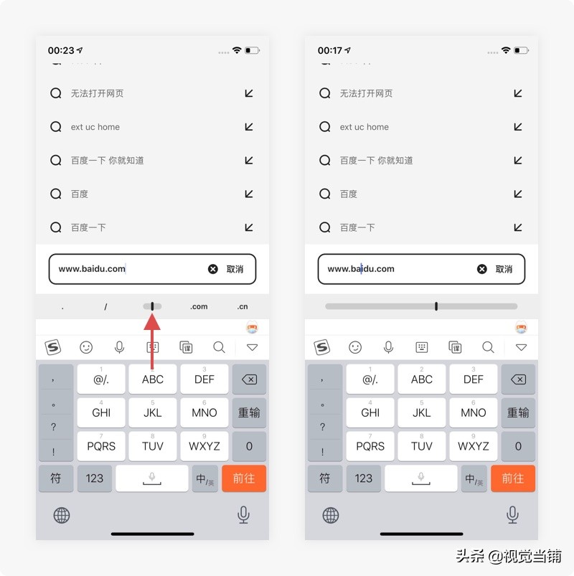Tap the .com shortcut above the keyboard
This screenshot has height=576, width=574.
click(x=199, y=306)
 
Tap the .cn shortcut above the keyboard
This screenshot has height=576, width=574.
click(x=243, y=306)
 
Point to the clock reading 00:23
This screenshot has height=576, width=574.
click(x=61, y=51)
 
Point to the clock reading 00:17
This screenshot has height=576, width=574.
click(x=330, y=51)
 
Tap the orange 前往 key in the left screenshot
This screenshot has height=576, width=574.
click(x=244, y=478)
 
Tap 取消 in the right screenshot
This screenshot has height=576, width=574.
click(x=504, y=269)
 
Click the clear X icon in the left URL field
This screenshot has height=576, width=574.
click(x=213, y=269)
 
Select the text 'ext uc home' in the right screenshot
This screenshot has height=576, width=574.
click(x=364, y=127)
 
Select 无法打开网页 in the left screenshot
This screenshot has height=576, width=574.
click(x=97, y=93)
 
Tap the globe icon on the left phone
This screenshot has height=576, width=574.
click(x=62, y=514)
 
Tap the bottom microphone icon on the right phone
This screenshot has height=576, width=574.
click(x=512, y=514)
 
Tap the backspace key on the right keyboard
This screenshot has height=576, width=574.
click(x=518, y=379)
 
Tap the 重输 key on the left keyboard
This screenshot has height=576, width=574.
click(x=249, y=412)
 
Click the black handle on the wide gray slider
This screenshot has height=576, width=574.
click(x=436, y=306)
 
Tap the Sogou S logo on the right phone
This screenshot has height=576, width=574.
click(x=322, y=347)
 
